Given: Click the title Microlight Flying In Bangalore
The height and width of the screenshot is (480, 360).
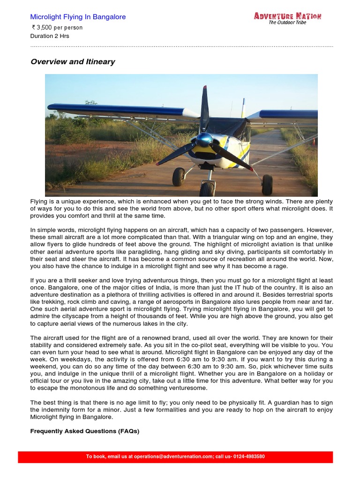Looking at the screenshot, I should point(78,17).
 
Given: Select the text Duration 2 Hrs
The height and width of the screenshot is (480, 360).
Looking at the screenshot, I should point(50,36).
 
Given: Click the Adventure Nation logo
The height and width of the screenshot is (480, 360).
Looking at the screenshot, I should point(287,16).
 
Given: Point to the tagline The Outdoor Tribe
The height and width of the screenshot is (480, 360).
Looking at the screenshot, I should point(287,22).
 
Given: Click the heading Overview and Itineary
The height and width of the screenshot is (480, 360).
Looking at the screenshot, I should point(73,62).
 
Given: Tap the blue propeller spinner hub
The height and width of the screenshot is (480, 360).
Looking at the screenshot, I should point(204,139).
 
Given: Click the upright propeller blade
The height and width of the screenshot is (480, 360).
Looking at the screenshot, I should point(204,110).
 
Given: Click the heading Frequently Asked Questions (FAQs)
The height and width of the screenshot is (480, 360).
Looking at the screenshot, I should point(85,431).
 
